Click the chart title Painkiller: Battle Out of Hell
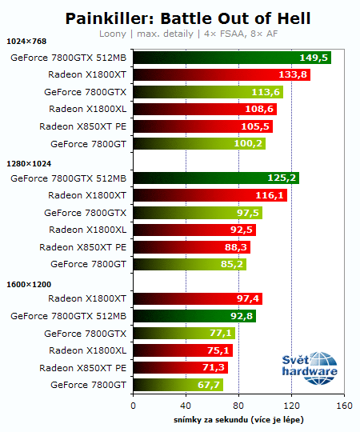(x=187, y=17)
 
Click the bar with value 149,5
(x=231, y=58)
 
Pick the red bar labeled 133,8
(x=221, y=74)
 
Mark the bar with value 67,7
(x=178, y=385)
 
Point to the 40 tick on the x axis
(x=186, y=406)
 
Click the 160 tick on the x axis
(x=344, y=406)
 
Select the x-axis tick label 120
(x=291, y=406)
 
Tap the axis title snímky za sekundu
(x=238, y=419)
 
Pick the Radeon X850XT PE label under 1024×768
(x=82, y=126)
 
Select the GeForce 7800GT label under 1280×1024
(x=88, y=264)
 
